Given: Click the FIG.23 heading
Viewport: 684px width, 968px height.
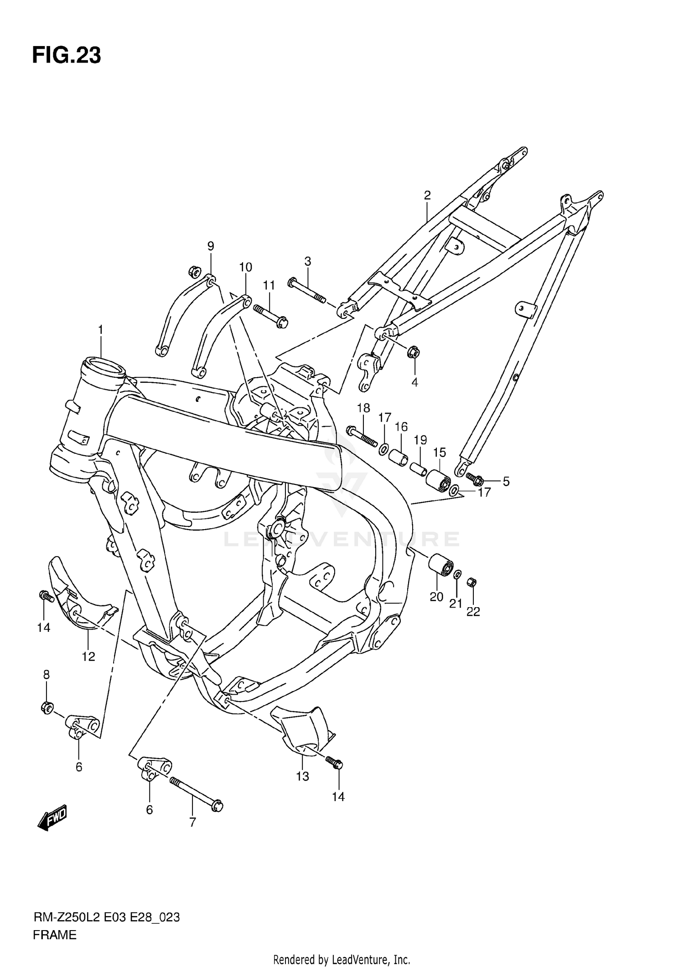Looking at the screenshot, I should coord(67,56).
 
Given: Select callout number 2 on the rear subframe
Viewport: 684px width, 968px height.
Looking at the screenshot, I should coord(427,196).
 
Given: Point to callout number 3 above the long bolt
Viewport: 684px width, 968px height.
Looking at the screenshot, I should coord(308,261).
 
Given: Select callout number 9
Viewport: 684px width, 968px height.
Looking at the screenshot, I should coord(211,246).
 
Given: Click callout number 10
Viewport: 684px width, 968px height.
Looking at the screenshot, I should coord(245,267).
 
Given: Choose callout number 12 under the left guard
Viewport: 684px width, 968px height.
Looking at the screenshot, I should coord(88,656).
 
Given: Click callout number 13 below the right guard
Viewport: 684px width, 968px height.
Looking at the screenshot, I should coord(303,776).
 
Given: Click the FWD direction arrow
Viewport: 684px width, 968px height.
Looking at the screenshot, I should coord(52,818).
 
